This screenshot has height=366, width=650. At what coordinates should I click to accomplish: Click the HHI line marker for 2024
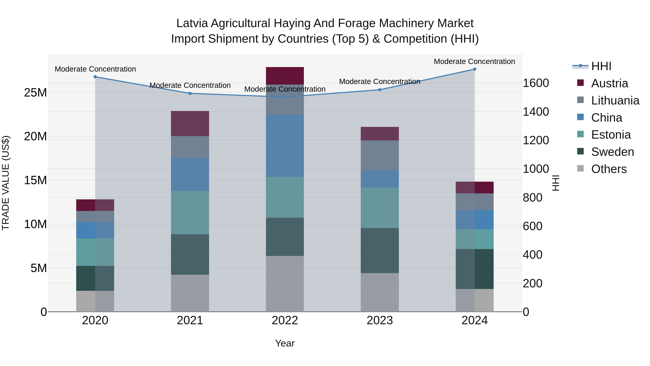click(474, 69)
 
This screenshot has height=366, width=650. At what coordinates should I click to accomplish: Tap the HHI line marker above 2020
click(95, 77)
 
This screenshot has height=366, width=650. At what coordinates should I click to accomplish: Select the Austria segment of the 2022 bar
click(285, 76)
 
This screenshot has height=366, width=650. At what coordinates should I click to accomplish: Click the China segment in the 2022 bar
click(285, 145)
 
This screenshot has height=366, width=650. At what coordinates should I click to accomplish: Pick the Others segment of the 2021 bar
click(190, 293)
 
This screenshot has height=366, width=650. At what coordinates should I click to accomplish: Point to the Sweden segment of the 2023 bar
click(380, 251)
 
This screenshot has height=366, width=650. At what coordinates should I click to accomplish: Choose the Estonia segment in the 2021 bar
click(190, 212)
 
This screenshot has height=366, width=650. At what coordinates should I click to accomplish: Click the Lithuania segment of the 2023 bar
click(380, 155)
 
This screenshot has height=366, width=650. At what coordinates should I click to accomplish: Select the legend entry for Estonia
click(611, 135)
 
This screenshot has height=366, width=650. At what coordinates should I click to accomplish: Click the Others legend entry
click(609, 169)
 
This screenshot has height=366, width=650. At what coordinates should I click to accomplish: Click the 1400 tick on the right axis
click(536, 112)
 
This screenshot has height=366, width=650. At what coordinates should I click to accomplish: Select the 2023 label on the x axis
click(380, 320)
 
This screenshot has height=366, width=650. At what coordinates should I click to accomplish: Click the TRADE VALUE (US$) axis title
click(6, 183)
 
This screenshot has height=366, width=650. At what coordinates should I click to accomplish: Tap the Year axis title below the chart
click(285, 343)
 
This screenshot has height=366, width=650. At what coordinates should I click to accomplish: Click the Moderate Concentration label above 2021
click(190, 85)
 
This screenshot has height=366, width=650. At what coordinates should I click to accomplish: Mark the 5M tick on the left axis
click(39, 268)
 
